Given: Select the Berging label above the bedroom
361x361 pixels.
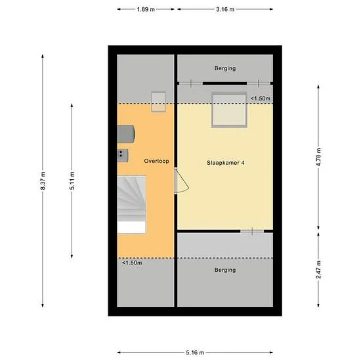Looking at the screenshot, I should (x=224, y=68).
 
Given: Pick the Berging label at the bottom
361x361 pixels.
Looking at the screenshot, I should (x=224, y=270).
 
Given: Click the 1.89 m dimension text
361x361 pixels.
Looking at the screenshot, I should (x=146, y=9).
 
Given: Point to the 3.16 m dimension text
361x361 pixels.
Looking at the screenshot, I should (x=224, y=9).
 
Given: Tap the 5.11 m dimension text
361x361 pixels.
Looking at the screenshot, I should (x=72, y=180).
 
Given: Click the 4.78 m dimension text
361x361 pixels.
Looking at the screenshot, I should (x=318, y=158).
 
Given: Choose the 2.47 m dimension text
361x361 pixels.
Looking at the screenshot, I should (x=318, y=270).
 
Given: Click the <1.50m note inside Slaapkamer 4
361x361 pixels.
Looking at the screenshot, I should (x=261, y=98).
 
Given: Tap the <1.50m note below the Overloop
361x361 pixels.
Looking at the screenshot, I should (x=131, y=263).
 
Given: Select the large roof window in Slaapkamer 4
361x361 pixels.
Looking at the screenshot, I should (x=229, y=110).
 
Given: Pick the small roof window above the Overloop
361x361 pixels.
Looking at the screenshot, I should (x=158, y=102).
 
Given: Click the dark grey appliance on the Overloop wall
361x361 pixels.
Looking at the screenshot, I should (x=126, y=133).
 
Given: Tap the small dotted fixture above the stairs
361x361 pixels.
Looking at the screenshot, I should (x=122, y=154).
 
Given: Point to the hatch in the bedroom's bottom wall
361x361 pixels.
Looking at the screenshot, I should (x=251, y=231).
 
